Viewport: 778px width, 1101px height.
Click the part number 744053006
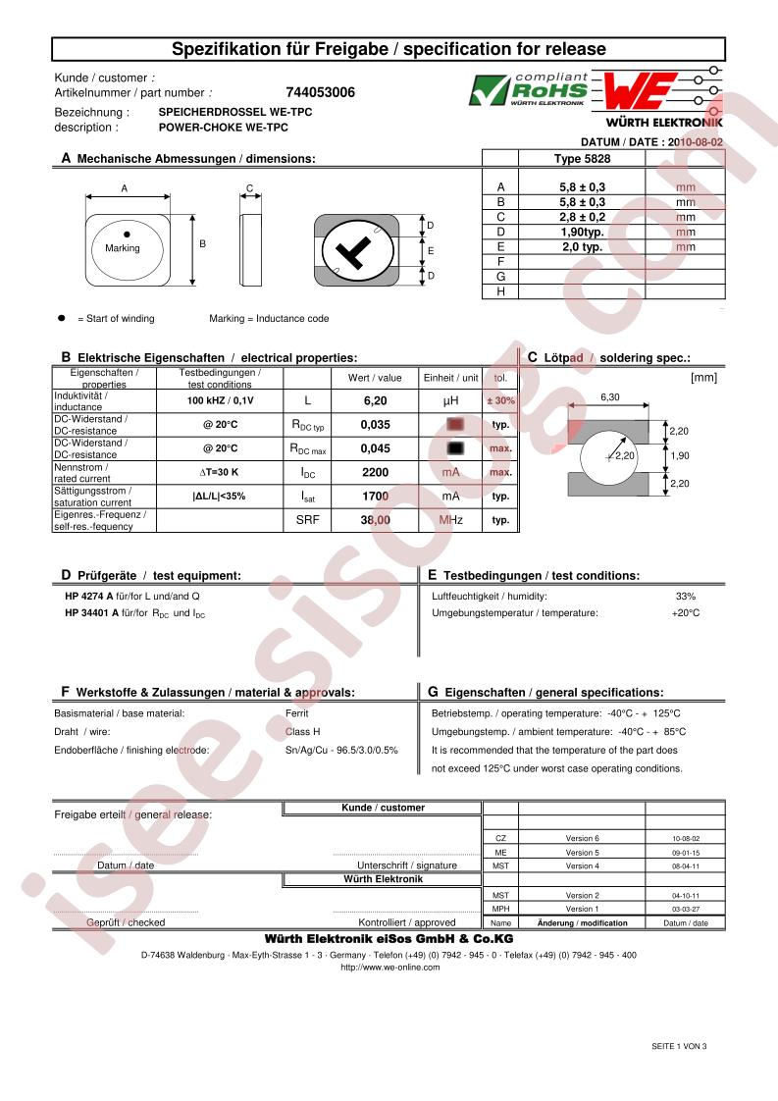click(320, 93)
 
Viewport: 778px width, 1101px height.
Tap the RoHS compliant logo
click(528, 89)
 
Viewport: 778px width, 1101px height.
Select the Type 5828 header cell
click(582, 158)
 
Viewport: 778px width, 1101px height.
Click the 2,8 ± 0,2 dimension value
click(575, 217)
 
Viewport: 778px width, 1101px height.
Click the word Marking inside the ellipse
click(123, 248)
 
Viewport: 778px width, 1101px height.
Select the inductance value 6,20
click(375, 400)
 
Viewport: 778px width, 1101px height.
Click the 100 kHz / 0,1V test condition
click(220, 400)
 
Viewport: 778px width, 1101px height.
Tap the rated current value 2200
click(375, 473)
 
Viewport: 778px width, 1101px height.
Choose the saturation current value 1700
click(375, 497)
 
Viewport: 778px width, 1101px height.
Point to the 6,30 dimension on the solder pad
click(609, 397)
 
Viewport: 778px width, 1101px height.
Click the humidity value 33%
click(685, 597)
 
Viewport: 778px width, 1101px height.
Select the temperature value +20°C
click(685, 613)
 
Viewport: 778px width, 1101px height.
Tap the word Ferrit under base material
click(296, 713)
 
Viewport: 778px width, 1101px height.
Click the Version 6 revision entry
click(582, 839)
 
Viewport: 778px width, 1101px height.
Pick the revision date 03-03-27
click(686, 909)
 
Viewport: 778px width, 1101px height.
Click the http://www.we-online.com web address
click(389, 967)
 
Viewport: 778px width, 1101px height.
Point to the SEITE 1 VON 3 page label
click(679, 1046)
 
